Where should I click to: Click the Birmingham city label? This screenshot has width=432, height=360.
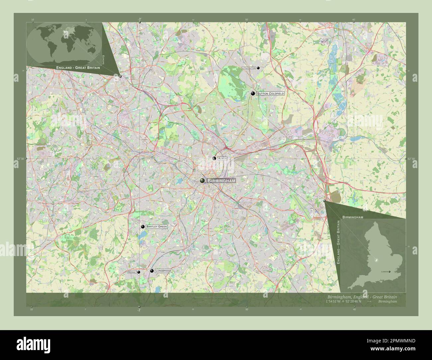point(221,181)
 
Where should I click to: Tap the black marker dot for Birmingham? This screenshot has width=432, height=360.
point(202,180)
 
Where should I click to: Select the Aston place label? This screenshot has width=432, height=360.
point(222,159)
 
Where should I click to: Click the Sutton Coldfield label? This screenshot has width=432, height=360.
point(270,94)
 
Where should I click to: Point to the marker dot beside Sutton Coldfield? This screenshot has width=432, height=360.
point(253,94)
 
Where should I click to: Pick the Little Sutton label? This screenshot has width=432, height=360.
point(249,68)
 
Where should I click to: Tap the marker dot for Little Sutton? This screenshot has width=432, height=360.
point(258,68)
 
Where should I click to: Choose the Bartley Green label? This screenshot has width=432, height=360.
point(156,226)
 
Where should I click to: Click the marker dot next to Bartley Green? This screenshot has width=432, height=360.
point(143,226)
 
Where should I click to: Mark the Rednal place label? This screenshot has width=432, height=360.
point(132,272)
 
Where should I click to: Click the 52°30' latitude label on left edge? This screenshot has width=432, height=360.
point(20,159)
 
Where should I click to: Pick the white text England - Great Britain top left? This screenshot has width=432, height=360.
point(78,67)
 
